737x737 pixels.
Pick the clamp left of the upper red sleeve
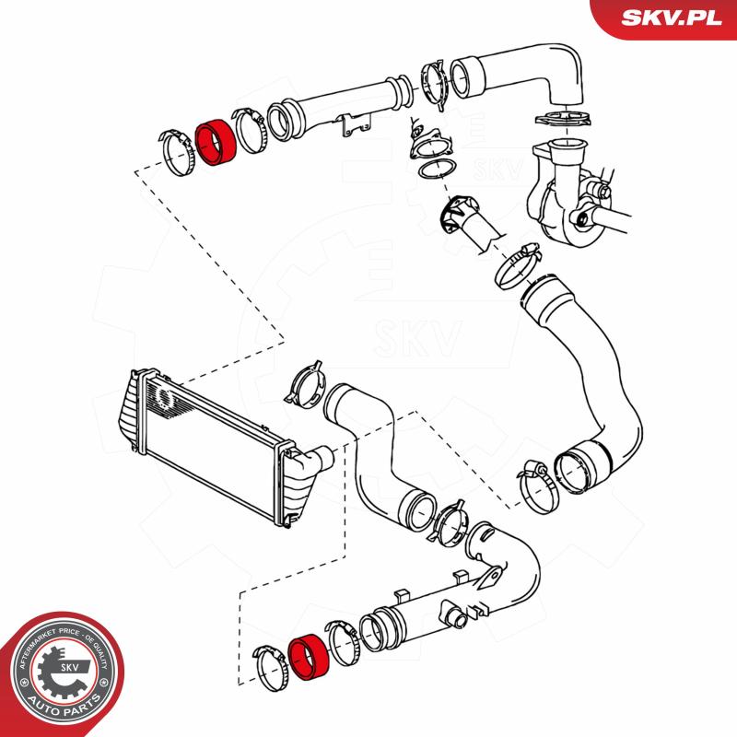[x=176, y=148]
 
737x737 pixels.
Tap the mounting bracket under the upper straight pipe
[x=355, y=128]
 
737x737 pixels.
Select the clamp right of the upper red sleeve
[x=248, y=129]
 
